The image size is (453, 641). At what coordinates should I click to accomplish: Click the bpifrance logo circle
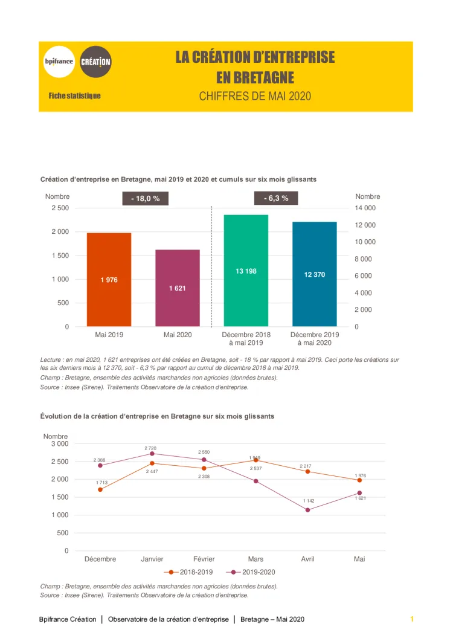tap(59, 62)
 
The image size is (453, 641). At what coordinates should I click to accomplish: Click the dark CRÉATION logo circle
tap(95, 62)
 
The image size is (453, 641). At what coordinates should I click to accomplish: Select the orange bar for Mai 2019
tap(109, 280)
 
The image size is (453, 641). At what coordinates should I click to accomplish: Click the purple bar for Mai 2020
tap(177, 288)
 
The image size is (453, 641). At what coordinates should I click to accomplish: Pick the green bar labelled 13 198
tap(246, 271)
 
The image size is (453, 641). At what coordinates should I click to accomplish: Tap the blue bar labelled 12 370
tap(315, 274)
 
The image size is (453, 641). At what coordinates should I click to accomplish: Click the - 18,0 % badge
tap(145, 198)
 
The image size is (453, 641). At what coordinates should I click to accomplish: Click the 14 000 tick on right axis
tap(365, 208)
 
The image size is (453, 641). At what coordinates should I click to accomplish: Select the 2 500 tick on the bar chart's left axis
tap(59, 208)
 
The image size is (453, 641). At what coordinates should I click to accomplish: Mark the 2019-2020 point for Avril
tap(307, 510)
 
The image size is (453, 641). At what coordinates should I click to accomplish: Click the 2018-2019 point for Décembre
tap(100, 489)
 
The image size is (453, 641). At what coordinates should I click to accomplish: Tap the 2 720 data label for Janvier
tap(150, 448)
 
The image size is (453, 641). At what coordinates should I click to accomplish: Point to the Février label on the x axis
tap(204, 559)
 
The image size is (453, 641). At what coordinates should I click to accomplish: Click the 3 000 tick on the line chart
tap(59, 443)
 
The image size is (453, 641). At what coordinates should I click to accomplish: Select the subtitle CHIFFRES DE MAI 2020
tap(255, 96)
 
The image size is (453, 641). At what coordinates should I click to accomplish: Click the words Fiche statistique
tap(75, 96)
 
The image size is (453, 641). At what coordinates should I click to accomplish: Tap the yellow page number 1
tap(411, 619)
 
